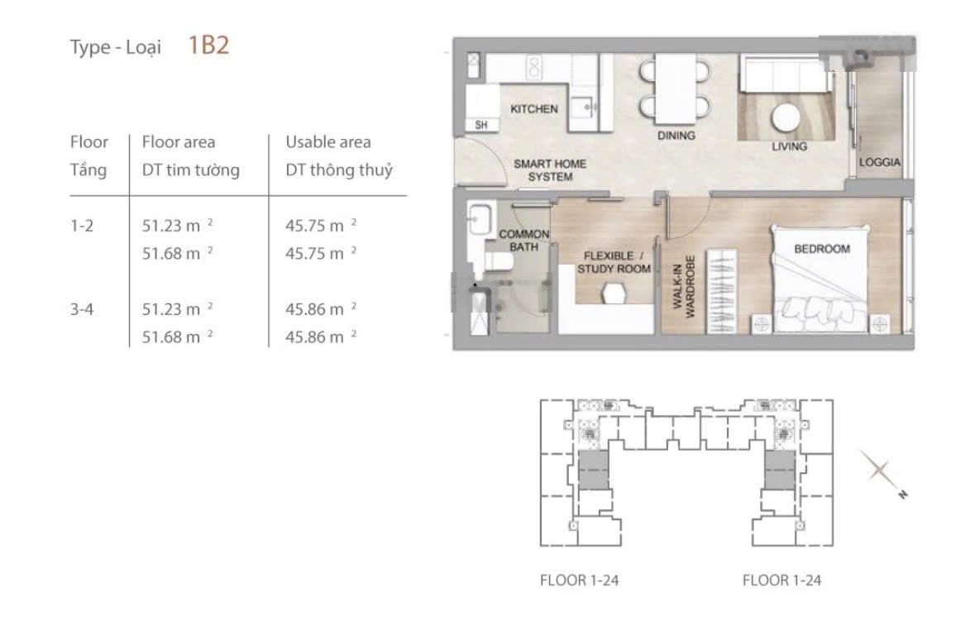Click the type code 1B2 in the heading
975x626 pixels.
[x=208, y=45]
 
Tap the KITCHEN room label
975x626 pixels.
[x=534, y=109]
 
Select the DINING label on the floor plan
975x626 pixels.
[x=676, y=135]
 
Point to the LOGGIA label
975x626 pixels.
[x=879, y=161]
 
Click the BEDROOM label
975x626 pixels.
[x=821, y=249]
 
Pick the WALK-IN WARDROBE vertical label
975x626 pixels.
[x=684, y=287]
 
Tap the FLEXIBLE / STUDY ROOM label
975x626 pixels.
[x=613, y=261]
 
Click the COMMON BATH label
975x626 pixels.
[x=523, y=240]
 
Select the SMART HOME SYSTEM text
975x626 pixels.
[x=550, y=170]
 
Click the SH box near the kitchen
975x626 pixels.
[x=481, y=125]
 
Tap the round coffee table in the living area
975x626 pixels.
[x=786, y=117]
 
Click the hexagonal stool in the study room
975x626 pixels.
[x=614, y=293]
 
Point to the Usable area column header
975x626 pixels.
[x=328, y=142]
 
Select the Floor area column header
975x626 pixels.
[x=179, y=142]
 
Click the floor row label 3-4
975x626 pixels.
[x=82, y=309]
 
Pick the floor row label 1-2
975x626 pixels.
[x=82, y=226]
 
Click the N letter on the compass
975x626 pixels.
[x=902, y=495]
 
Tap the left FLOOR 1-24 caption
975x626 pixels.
[x=579, y=580]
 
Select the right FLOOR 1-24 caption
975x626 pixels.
[x=781, y=580]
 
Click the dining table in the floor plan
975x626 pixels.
[x=676, y=88]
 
